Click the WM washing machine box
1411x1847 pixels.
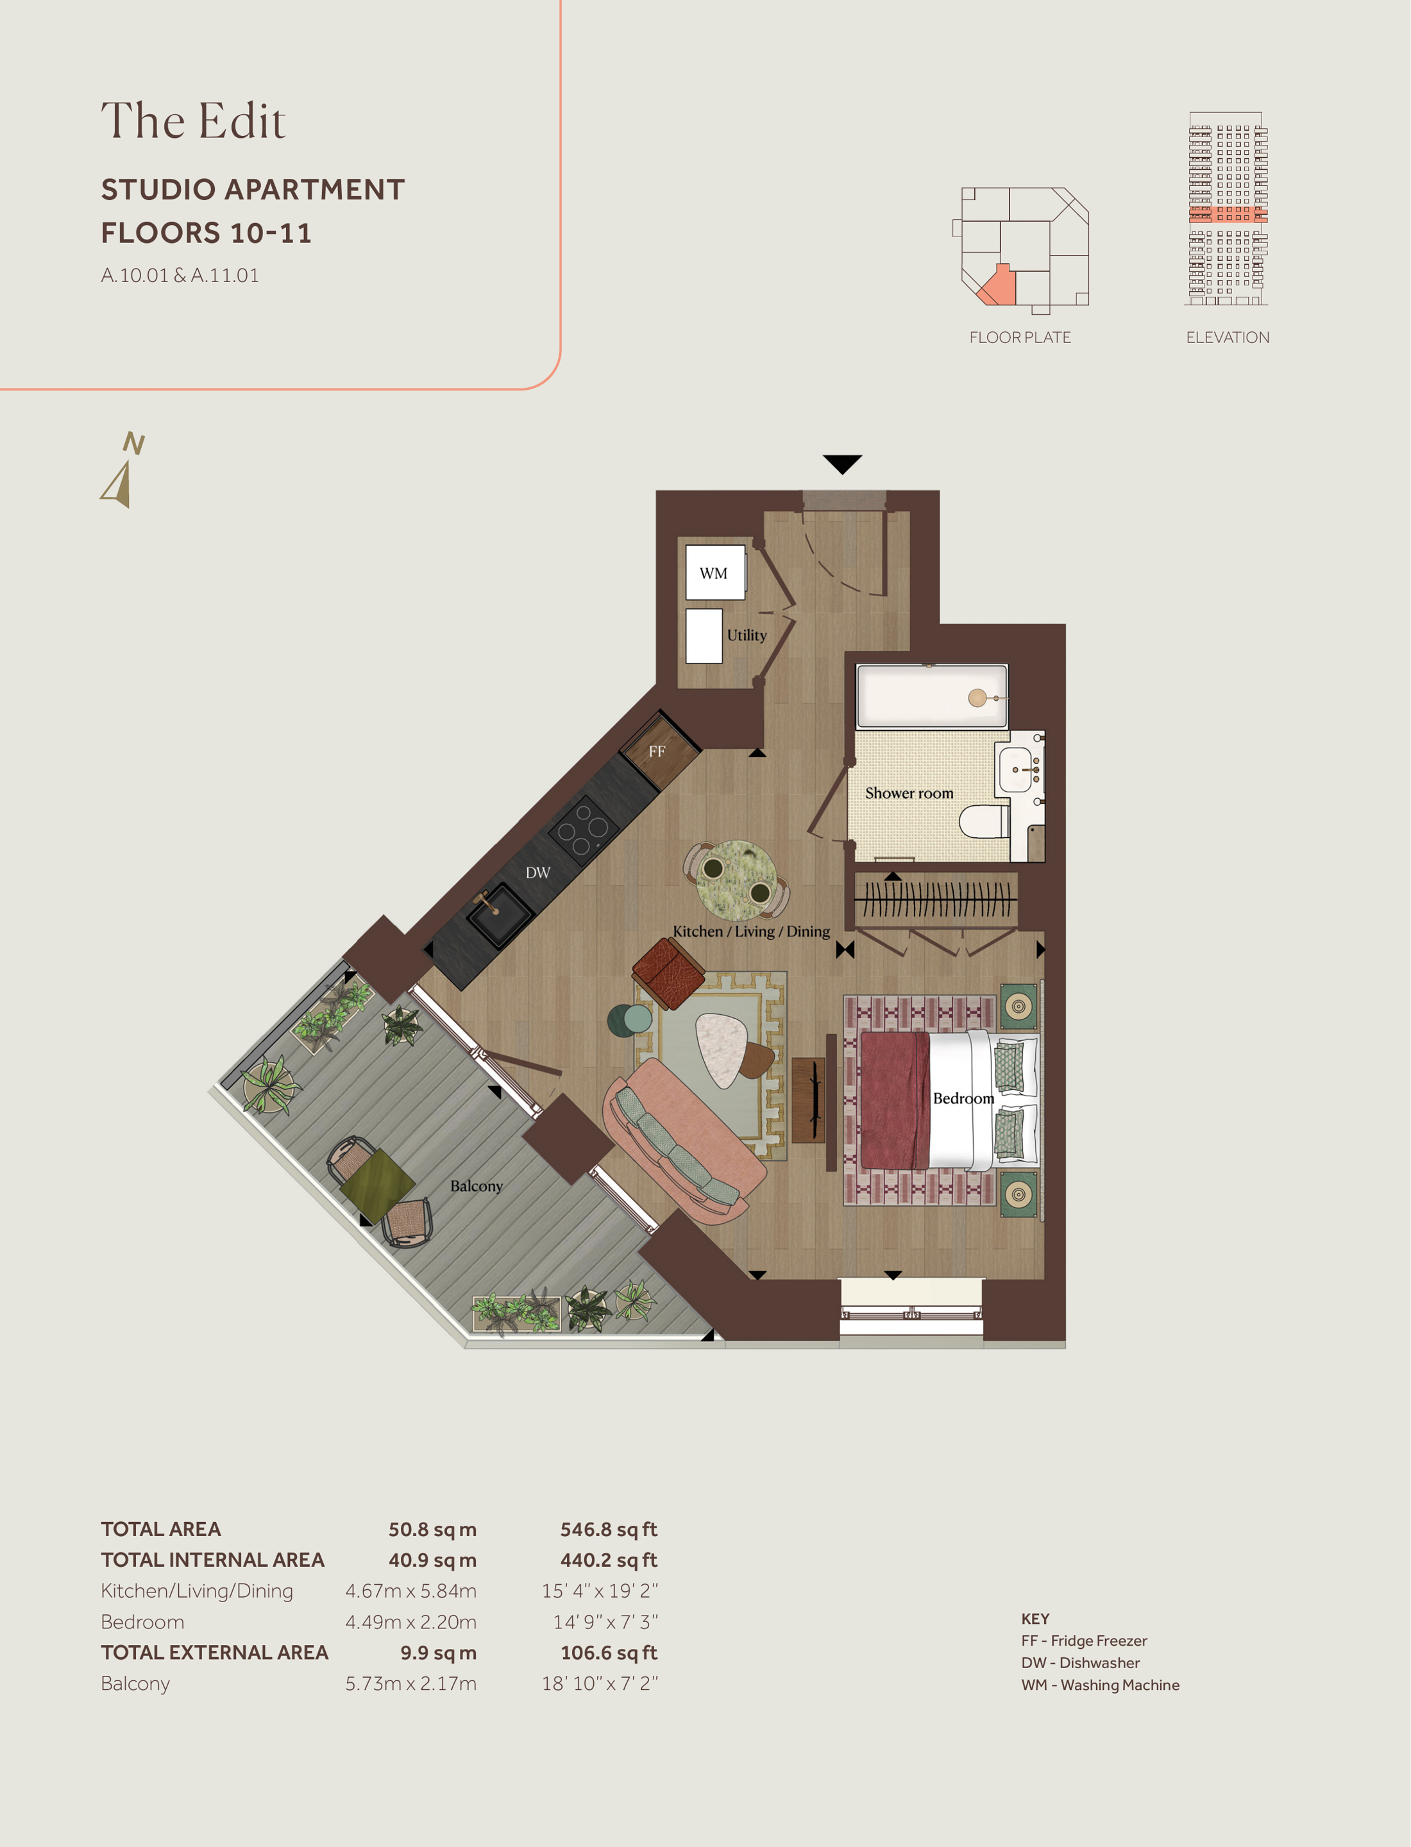714,572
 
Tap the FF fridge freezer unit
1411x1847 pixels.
659,751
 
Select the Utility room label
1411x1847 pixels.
747,635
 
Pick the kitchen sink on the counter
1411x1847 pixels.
500,915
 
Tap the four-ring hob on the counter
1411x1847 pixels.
584,830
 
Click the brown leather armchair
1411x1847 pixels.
668,974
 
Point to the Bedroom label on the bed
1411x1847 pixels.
963,1098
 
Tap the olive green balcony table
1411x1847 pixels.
377,1185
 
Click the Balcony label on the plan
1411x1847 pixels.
476,1186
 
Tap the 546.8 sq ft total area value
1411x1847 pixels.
609,1530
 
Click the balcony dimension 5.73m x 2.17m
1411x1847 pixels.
410,1684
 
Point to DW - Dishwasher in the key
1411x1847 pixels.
1081,1662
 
